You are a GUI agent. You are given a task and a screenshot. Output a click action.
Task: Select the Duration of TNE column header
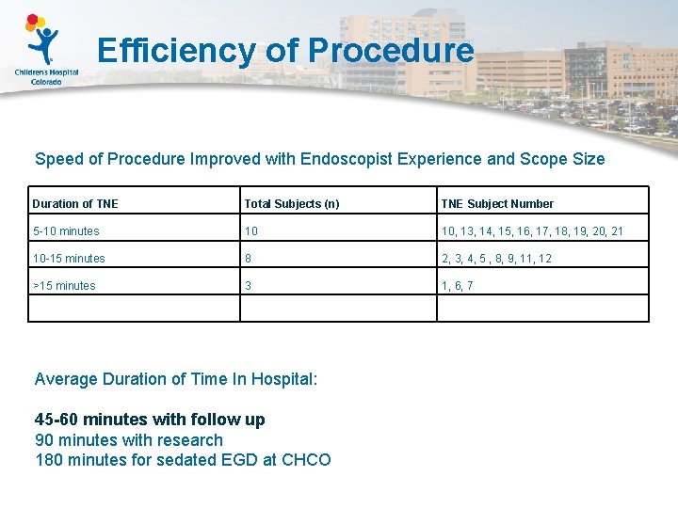point(75,203)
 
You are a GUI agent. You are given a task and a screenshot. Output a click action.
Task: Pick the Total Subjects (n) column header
point(292,203)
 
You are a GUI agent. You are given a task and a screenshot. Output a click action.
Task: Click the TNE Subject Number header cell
point(497,203)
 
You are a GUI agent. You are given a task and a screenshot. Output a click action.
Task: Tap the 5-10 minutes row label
point(66,230)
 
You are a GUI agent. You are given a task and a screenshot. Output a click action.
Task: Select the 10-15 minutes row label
point(69,258)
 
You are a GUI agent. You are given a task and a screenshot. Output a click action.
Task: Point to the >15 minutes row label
point(64,285)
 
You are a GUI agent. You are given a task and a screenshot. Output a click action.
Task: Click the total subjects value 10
point(251,230)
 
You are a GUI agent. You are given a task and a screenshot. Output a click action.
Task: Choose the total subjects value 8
point(249,258)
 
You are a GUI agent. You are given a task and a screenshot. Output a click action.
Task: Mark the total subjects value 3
point(249,285)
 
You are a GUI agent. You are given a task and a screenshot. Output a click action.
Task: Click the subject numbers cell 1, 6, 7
point(458,285)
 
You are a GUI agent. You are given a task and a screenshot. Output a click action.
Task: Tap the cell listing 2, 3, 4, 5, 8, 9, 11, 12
point(497,258)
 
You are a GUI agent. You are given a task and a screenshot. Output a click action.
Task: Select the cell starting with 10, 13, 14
point(532,230)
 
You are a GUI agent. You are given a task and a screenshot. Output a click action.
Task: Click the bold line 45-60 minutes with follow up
point(150,420)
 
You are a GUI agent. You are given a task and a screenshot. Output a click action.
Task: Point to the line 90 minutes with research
point(129,440)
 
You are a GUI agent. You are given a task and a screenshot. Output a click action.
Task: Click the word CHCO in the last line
point(306,460)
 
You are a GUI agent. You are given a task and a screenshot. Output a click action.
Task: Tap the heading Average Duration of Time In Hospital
point(176,379)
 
